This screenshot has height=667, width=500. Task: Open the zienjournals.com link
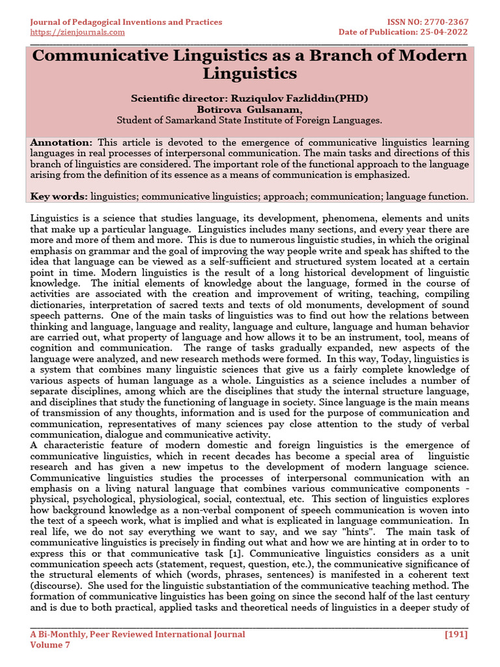point(77,32)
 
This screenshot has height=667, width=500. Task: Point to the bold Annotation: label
point(62,142)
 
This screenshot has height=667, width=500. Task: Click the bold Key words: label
point(59,195)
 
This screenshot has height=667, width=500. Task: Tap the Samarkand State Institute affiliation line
point(249,120)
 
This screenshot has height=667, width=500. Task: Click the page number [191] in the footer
point(456,634)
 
